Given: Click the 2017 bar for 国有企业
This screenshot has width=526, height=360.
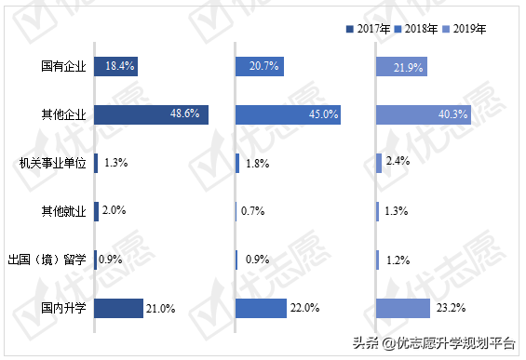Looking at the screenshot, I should pyautogui.click(x=116, y=66).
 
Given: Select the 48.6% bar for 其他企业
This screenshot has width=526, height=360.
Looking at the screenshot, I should pyautogui.click(x=151, y=114).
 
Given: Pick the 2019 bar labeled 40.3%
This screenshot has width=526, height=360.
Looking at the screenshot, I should pyautogui.click(x=424, y=114).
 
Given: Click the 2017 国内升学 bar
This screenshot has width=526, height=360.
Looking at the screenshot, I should pyautogui.click(x=118, y=308).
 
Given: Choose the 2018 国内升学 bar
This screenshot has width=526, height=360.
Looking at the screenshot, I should pyautogui.click(x=261, y=308).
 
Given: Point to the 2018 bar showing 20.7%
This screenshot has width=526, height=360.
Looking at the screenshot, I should pyautogui.click(x=259, y=66).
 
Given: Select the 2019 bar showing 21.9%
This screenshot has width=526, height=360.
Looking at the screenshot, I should pyautogui.click(x=402, y=66).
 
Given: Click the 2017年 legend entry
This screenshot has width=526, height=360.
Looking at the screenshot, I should pyautogui.click(x=368, y=29).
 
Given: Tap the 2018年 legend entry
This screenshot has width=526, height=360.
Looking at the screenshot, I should pyautogui.click(x=416, y=29).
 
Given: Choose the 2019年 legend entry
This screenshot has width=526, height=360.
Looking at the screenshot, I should pyautogui.click(x=465, y=29).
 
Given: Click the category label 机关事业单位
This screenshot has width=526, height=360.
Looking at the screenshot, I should pyautogui.click(x=52, y=163).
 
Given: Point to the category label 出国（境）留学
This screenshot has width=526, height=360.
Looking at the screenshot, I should pyautogui.click(x=47, y=260).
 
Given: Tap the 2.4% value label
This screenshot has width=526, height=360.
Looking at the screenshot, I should pyautogui.click(x=398, y=163).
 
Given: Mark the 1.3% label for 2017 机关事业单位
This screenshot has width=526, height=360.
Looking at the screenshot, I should pyautogui.click(x=116, y=163).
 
